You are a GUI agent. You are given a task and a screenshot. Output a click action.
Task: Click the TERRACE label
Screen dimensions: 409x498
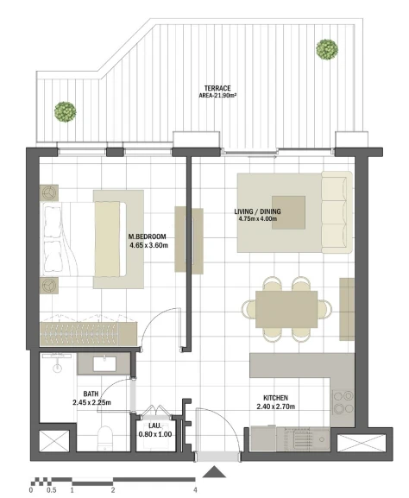[x=217, y=88]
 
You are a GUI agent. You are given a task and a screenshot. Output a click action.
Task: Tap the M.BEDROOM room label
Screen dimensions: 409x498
[x=147, y=236]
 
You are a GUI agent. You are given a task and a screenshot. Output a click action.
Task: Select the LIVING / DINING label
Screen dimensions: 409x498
[x=257, y=211]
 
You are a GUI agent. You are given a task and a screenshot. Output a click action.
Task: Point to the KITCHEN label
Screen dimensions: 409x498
[x=275, y=398]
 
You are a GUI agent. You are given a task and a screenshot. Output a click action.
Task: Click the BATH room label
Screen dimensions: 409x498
[x=91, y=394]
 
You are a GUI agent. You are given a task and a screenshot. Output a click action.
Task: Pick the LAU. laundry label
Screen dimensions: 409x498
[x=155, y=426]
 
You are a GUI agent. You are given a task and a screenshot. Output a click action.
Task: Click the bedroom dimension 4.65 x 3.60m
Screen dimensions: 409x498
[x=148, y=245]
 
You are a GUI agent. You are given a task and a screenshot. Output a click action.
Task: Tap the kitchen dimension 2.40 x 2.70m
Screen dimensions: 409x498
[x=275, y=407]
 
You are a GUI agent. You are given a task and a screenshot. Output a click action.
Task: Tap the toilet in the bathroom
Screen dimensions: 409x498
[x=105, y=438]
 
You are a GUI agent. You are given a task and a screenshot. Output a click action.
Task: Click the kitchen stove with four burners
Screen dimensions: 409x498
[x=343, y=402]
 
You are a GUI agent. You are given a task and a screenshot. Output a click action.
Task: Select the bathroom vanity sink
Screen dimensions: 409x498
[x=104, y=364]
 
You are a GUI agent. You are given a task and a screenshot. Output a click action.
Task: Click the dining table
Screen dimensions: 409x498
[x=286, y=309]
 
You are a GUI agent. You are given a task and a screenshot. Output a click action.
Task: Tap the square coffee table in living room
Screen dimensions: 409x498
[x=289, y=212]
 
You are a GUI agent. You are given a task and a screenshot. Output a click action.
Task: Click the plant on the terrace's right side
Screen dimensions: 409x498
[x=327, y=49]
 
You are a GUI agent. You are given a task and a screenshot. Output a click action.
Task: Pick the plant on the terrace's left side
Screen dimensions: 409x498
[x=65, y=112]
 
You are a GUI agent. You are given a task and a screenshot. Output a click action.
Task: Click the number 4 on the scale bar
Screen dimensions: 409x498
[x=195, y=490]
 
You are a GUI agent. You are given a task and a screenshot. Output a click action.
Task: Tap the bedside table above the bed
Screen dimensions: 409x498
[x=49, y=192]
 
